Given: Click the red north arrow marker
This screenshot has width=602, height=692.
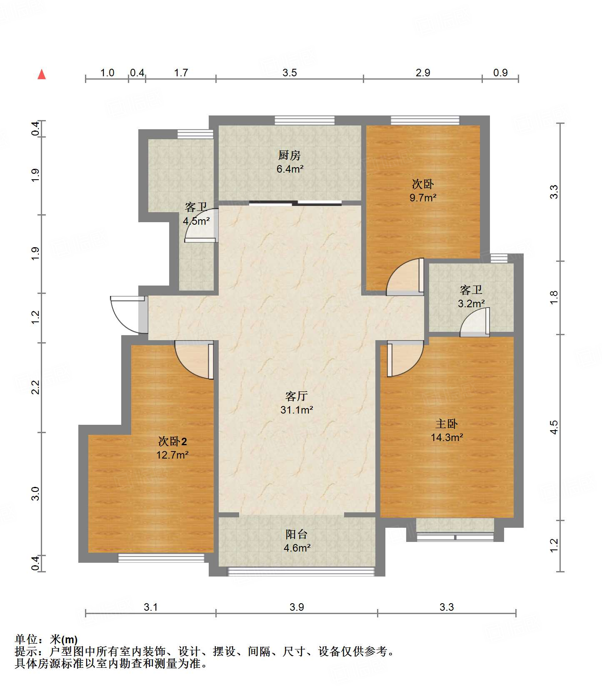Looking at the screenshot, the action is [x=42, y=74].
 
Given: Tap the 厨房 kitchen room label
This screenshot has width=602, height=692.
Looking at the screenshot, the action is [x=290, y=155].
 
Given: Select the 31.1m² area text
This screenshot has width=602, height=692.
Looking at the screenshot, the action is [x=297, y=410].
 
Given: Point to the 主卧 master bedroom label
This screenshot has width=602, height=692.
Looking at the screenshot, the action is [x=447, y=424].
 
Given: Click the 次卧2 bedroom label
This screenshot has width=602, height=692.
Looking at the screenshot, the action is [x=172, y=441].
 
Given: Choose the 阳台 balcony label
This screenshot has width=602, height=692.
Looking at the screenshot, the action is [x=297, y=534].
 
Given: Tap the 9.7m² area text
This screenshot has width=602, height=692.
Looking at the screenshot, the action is [x=423, y=198].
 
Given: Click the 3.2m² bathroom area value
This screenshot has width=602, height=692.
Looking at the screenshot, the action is [x=471, y=303].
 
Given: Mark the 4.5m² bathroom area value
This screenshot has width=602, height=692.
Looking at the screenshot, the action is [x=196, y=221].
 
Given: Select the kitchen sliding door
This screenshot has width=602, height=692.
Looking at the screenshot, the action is [x=295, y=203].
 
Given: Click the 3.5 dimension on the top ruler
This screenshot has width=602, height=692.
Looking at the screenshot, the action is [x=290, y=73].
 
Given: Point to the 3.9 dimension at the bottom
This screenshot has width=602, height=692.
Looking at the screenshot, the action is [x=297, y=607].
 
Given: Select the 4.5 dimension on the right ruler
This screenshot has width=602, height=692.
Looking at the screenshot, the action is [x=554, y=427].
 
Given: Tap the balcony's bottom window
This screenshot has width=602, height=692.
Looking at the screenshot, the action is [x=301, y=571].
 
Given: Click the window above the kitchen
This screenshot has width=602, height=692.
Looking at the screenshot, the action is [x=305, y=120].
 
